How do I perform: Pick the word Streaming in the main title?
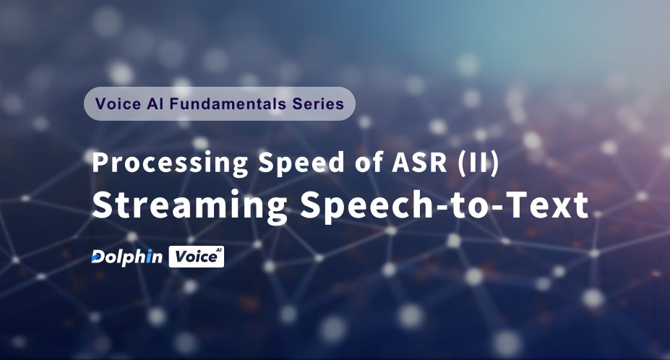pos(189,206)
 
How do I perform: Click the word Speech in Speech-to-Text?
pos(356,206)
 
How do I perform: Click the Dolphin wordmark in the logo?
pos(127,257)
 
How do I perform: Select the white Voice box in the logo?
pos(196,257)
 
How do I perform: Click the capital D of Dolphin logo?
pos(98,257)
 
